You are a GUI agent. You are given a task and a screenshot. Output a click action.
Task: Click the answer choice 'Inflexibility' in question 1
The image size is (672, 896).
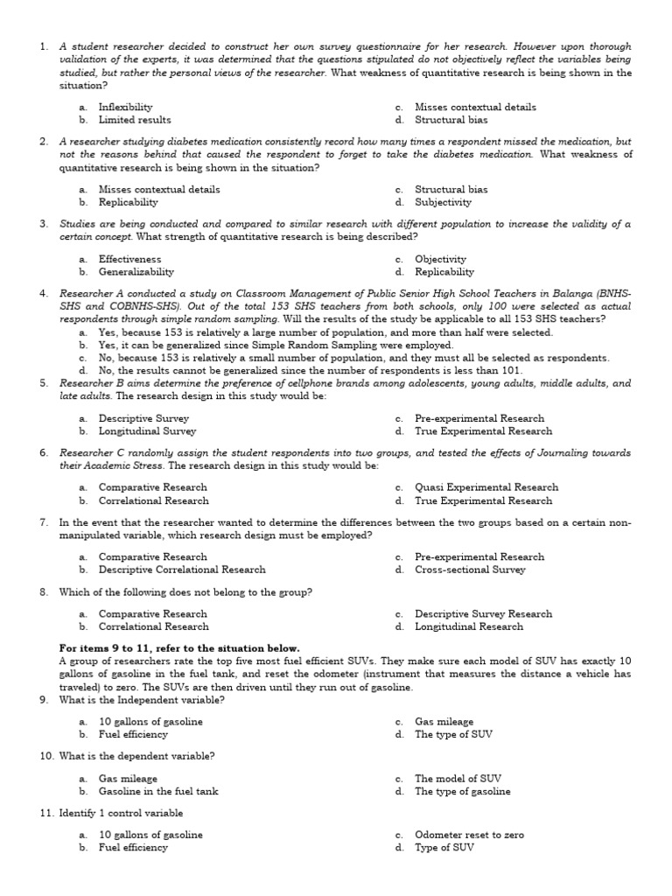125,107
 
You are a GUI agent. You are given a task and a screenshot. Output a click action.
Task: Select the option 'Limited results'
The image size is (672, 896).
135,120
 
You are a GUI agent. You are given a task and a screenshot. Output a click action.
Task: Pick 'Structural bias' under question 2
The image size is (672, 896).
451,189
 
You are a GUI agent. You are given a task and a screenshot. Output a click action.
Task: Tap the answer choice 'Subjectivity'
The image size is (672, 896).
443,202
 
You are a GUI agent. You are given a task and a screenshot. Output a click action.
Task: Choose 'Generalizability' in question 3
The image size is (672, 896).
136,272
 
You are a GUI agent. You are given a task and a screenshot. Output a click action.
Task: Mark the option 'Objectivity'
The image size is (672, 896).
440,259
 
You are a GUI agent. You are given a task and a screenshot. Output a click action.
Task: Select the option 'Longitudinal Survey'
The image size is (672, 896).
147,431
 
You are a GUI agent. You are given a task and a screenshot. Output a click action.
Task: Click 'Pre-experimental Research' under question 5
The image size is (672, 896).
479,418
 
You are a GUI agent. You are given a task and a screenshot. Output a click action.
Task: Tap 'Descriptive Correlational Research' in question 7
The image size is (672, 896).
182,570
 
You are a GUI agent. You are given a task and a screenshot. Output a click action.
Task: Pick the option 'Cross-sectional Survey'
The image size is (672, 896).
470,570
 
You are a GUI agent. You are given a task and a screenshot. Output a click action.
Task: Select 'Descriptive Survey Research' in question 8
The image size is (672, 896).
483,613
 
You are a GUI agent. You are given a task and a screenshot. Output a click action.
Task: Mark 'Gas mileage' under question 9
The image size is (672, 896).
444,722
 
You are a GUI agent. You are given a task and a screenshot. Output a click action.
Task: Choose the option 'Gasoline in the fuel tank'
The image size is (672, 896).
158,791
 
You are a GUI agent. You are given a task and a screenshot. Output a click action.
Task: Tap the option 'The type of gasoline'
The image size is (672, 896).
462,791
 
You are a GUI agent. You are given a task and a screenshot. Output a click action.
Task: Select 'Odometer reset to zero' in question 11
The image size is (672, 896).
469,835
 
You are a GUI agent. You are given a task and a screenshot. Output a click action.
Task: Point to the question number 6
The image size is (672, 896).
44,452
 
